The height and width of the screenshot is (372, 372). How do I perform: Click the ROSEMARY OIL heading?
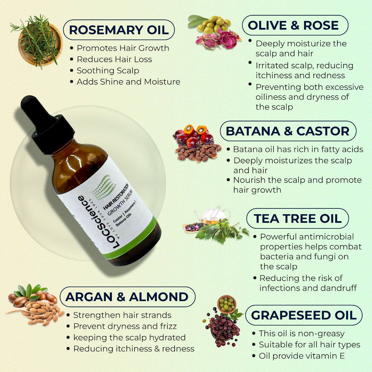click(119, 30)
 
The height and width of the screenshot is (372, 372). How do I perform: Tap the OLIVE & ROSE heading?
click(293, 25)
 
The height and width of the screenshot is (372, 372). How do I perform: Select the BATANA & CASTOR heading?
click(288, 131)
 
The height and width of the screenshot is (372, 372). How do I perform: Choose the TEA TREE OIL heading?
click(298, 218)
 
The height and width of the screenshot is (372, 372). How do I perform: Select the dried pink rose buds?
click(218, 40)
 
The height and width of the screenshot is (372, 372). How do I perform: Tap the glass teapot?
click(213, 214)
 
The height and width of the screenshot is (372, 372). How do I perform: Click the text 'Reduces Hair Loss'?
click(114, 59)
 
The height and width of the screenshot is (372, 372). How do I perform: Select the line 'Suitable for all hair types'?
click(310, 344)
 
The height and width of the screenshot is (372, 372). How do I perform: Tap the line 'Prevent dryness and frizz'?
click(125, 326)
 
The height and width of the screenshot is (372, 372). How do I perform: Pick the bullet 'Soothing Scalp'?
click(108, 70)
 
